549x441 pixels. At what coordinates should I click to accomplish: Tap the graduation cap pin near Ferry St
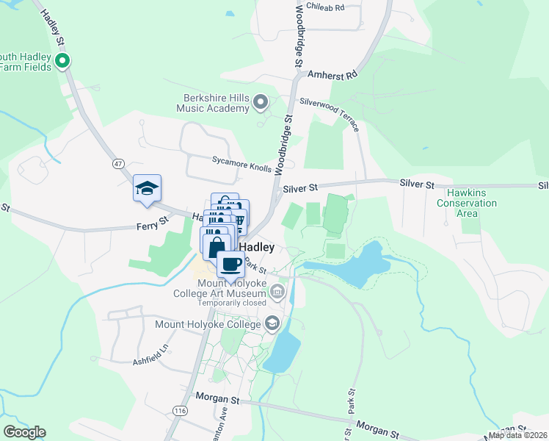click(147, 188)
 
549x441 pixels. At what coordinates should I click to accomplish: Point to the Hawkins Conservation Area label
click(466, 203)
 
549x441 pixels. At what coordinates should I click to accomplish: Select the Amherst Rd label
click(332, 75)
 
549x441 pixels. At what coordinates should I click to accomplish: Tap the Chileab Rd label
click(325, 7)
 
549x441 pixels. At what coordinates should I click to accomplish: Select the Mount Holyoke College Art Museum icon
click(277, 293)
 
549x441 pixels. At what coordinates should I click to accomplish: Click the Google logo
click(24, 431)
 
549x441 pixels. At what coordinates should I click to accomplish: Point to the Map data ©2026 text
click(517, 435)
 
